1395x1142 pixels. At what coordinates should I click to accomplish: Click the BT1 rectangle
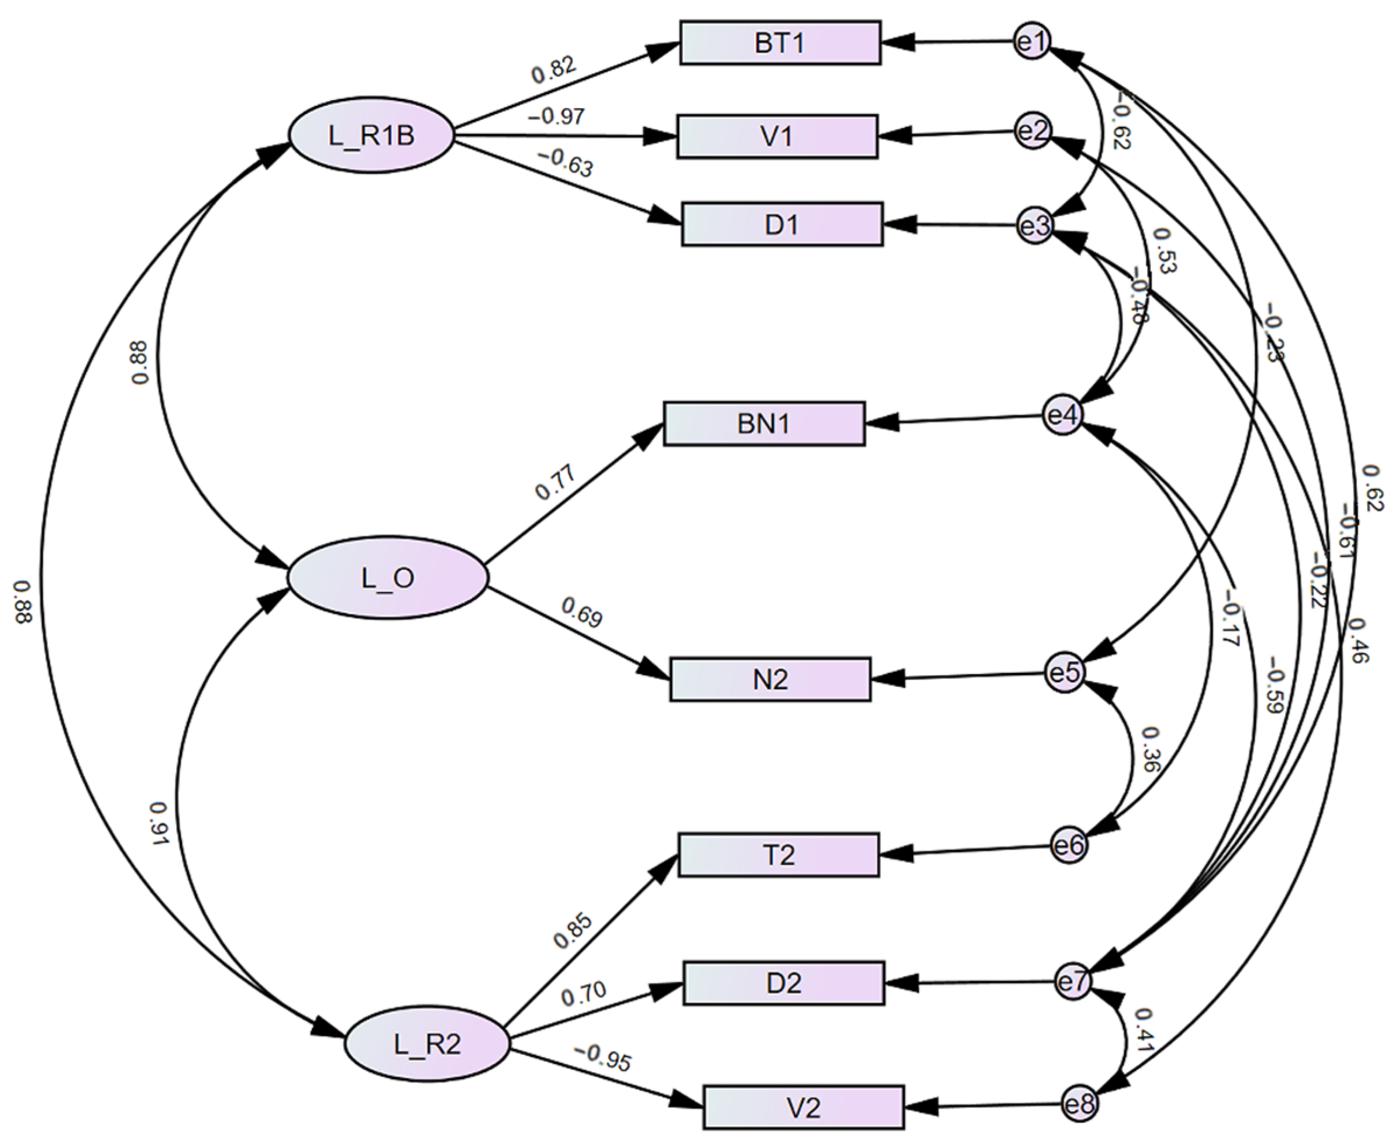(780, 43)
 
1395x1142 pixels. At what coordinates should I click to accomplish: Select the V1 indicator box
(777, 137)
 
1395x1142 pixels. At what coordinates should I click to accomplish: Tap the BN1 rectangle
(764, 424)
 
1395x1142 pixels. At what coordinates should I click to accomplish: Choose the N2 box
(770, 679)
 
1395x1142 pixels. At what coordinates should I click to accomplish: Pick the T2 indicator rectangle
(778, 855)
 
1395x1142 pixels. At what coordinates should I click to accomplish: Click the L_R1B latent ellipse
(371, 136)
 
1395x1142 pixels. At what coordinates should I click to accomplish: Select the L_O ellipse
(388, 577)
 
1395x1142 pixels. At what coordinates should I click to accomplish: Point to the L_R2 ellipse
(428, 1043)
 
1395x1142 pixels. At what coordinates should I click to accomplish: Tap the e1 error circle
(1032, 42)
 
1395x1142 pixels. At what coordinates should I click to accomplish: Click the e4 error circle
(1062, 415)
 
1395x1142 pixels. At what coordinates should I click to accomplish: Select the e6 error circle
(1068, 845)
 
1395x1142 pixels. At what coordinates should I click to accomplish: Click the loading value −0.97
(556, 117)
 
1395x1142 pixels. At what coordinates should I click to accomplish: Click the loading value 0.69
(581, 613)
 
